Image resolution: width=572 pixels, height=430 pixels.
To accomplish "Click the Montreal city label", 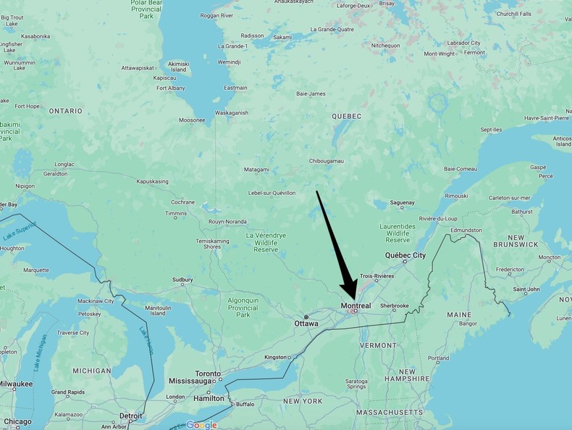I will [x=356, y=306].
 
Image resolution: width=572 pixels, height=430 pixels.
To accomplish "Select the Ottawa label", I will [x=306, y=323].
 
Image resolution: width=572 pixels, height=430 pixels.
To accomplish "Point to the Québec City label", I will [x=405, y=255].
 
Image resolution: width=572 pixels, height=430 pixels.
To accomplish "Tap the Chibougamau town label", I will [x=327, y=160].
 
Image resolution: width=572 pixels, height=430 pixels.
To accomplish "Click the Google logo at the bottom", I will [x=201, y=425].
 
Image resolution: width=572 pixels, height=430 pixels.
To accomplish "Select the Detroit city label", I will [x=130, y=415].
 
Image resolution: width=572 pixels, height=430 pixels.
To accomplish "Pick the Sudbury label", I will [x=182, y=279].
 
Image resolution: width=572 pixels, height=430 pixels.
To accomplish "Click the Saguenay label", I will [x=402, y=202].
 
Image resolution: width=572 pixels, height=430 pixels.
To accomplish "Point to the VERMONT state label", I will [x=378, y=345].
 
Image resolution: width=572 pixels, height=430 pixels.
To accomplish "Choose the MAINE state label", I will [x=459, y=315].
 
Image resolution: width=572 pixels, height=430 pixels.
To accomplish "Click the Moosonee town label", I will [x=192, y=120].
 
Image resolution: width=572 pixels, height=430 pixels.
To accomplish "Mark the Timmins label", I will [x=176, y=214].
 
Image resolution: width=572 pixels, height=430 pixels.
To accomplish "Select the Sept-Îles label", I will [x=491, y=130].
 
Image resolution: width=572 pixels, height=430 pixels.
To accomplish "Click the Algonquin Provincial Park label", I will [x=243, y=307].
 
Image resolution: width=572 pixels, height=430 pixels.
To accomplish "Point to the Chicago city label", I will [x=17, y=421].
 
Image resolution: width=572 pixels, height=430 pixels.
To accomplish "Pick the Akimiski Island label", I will [x=178, y=67].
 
